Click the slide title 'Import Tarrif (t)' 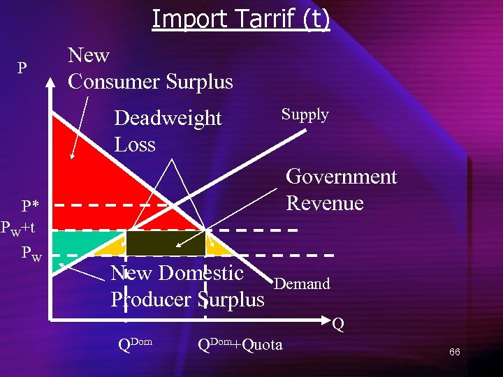click(x=240, y=19)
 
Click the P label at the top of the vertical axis click(x=22, y=68)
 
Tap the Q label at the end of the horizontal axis click(x=338, y=325)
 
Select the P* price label click(x=30, y=206)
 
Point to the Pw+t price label click(x=23, y=227)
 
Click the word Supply click(x=305, y=114)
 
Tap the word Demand click(x=302, y=283)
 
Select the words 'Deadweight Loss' click(x=167, y=131)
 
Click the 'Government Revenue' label click(x=341, y=190)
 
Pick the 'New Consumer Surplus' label click(x=150, y=68)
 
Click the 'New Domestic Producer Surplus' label click(x=187, y=286)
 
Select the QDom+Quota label click(x=240, y=344)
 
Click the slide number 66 click(x=454, y=352)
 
